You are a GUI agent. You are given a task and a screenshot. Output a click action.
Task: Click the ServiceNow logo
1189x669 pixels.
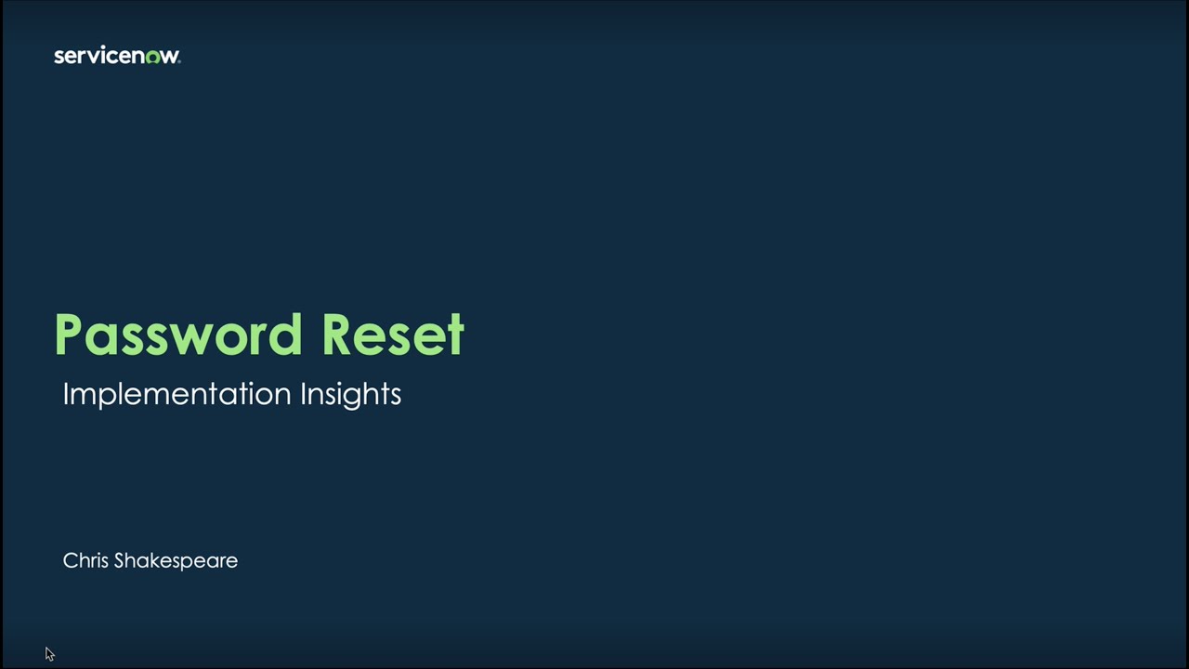(x=117, y=56)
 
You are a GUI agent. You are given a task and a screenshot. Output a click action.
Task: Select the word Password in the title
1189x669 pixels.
(x=178, y=334)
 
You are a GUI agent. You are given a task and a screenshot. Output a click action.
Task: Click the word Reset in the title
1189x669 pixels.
(x=392, y=334)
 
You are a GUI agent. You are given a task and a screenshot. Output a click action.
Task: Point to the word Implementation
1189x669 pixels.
(x=176, y=394)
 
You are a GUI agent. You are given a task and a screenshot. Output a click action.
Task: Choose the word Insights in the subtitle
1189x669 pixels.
(x=350, y=394)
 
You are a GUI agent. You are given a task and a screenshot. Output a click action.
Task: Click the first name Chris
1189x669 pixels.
(x=85, y=560)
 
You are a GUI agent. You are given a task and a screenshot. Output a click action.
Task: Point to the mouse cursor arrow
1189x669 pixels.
(x=49, y=654)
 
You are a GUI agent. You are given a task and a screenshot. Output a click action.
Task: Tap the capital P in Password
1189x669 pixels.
(x=72, y=334)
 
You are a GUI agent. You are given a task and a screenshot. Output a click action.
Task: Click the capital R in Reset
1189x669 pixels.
(x=339, y=334)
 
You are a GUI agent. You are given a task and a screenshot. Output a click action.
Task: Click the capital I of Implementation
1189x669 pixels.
(x=66, y=394)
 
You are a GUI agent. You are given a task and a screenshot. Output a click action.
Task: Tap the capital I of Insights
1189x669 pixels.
(x=303, y=394)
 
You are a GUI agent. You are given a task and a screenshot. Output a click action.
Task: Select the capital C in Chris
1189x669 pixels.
(x=70, y=560)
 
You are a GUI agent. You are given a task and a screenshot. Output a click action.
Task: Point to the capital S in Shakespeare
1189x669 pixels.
(x=120, y=560)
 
